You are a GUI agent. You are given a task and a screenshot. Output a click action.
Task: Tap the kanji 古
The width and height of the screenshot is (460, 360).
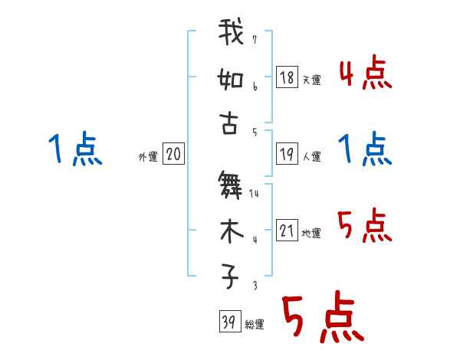click(229, 123)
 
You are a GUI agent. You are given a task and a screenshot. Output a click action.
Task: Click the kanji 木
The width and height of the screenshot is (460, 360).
click(229, 231)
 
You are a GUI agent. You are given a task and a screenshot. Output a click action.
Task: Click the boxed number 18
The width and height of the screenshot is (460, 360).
click(287, 77)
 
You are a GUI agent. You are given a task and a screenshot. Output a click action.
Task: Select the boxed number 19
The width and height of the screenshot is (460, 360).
click(287, 155)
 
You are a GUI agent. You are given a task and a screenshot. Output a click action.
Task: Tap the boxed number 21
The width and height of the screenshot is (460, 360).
click(287, 231)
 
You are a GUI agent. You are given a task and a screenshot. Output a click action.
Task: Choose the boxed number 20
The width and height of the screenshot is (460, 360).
click(173, 155)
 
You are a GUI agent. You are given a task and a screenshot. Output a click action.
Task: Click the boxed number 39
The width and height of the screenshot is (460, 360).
click(228, 322)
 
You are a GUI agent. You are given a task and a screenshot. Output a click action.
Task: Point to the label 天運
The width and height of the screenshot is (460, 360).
click(311, 80)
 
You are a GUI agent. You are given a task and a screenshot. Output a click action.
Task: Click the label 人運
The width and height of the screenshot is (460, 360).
click(311, 157)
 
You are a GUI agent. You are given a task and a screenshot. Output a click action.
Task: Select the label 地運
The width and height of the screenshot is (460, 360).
click(311, 234)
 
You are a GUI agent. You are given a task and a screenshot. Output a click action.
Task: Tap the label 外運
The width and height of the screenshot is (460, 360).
click(148, 157)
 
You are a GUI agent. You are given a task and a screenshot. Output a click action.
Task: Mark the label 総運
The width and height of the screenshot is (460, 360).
click(254, 325)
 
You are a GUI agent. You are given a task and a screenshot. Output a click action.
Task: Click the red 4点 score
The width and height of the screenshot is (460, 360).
click(366, 75)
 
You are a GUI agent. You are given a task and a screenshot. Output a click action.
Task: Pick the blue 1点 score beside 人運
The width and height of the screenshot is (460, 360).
click(366, 149)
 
